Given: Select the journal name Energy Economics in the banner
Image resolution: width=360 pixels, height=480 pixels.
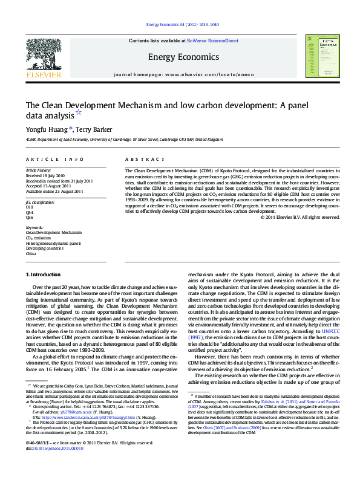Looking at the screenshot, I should pos(180,57).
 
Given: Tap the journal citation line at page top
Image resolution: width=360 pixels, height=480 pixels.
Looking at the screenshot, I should pos(180,25).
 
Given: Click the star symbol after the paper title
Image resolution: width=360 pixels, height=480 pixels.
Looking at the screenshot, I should pos(78,113).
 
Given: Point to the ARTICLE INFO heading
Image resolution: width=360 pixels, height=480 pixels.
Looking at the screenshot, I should pos(54,159).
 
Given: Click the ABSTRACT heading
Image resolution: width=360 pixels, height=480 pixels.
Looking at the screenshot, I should pos(145,159).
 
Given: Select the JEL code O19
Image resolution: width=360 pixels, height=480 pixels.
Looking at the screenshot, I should pos(30,207).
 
